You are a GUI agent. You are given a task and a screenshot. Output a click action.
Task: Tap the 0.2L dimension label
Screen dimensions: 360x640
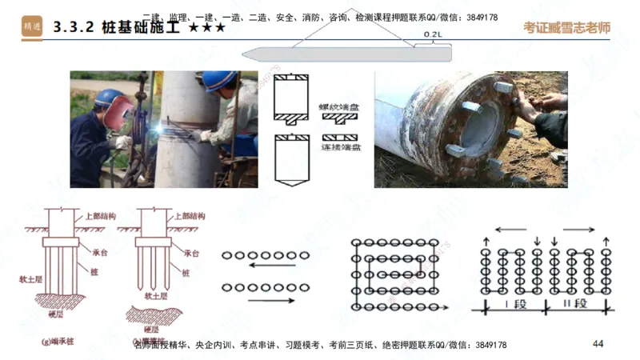[x=432, y=35]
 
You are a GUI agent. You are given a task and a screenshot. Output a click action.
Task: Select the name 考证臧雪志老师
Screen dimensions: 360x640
[x=566, y=26]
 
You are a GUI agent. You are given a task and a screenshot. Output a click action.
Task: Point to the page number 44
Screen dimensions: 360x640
[x=598, y=344]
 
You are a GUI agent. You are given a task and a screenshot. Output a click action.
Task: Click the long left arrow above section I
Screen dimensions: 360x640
[x=504, y=230]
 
